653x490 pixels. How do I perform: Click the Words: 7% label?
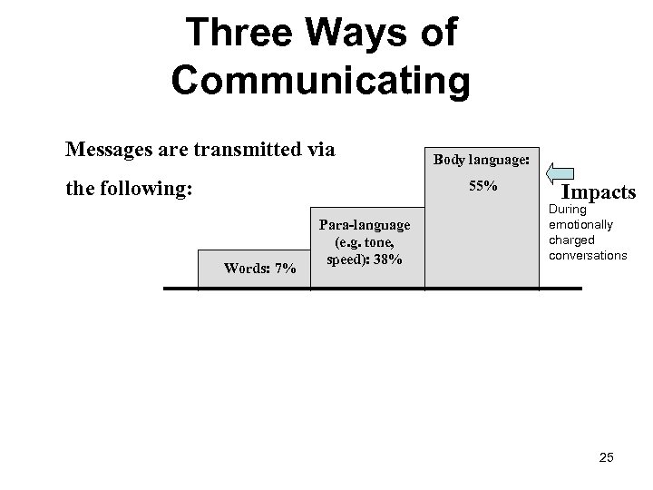click(x=260, y=268)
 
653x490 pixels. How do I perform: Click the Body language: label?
click(x=482, y=159)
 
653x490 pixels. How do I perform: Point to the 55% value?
click(x=482, y=186)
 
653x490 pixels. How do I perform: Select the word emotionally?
click(x=581, y=224)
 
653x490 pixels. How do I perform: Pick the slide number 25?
click(x=606, y=457)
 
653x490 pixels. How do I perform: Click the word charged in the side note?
click(x=571, y=240)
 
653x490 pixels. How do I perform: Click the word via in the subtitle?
click(x=319, y=149)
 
